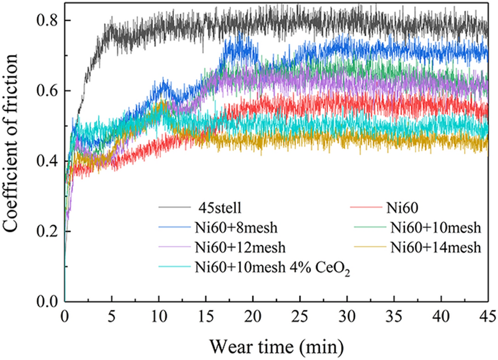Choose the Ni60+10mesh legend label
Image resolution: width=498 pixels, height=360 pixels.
click(x=435, y=229)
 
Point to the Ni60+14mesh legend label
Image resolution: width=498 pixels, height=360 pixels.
click(x=435, y=247)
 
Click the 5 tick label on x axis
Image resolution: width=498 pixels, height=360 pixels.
click(x=111, y=315)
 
